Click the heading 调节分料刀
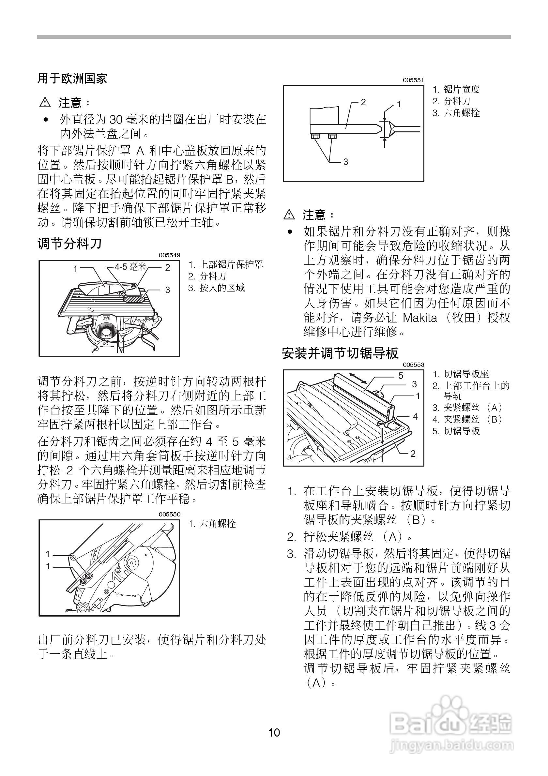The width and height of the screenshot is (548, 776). tap(69, 243)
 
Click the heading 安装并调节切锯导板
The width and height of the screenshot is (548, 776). tap(340, 353)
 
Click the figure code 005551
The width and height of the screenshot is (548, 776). tap(413, 80)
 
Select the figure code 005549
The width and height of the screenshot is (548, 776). tap(169, 255)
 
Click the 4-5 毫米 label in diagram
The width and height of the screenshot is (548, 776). tap(130, 267)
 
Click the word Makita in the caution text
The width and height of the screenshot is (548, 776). tap(419, 318)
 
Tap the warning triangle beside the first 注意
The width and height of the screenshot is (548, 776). tap(45, 102)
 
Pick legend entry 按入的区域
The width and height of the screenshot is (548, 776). tap(222, 288)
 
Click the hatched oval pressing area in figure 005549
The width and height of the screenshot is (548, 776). tap(133, 298)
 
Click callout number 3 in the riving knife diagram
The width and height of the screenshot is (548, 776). tap(345, 162)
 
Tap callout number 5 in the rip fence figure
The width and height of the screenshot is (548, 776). tap(401, 376)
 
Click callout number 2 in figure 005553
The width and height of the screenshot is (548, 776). tap(413, 454)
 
